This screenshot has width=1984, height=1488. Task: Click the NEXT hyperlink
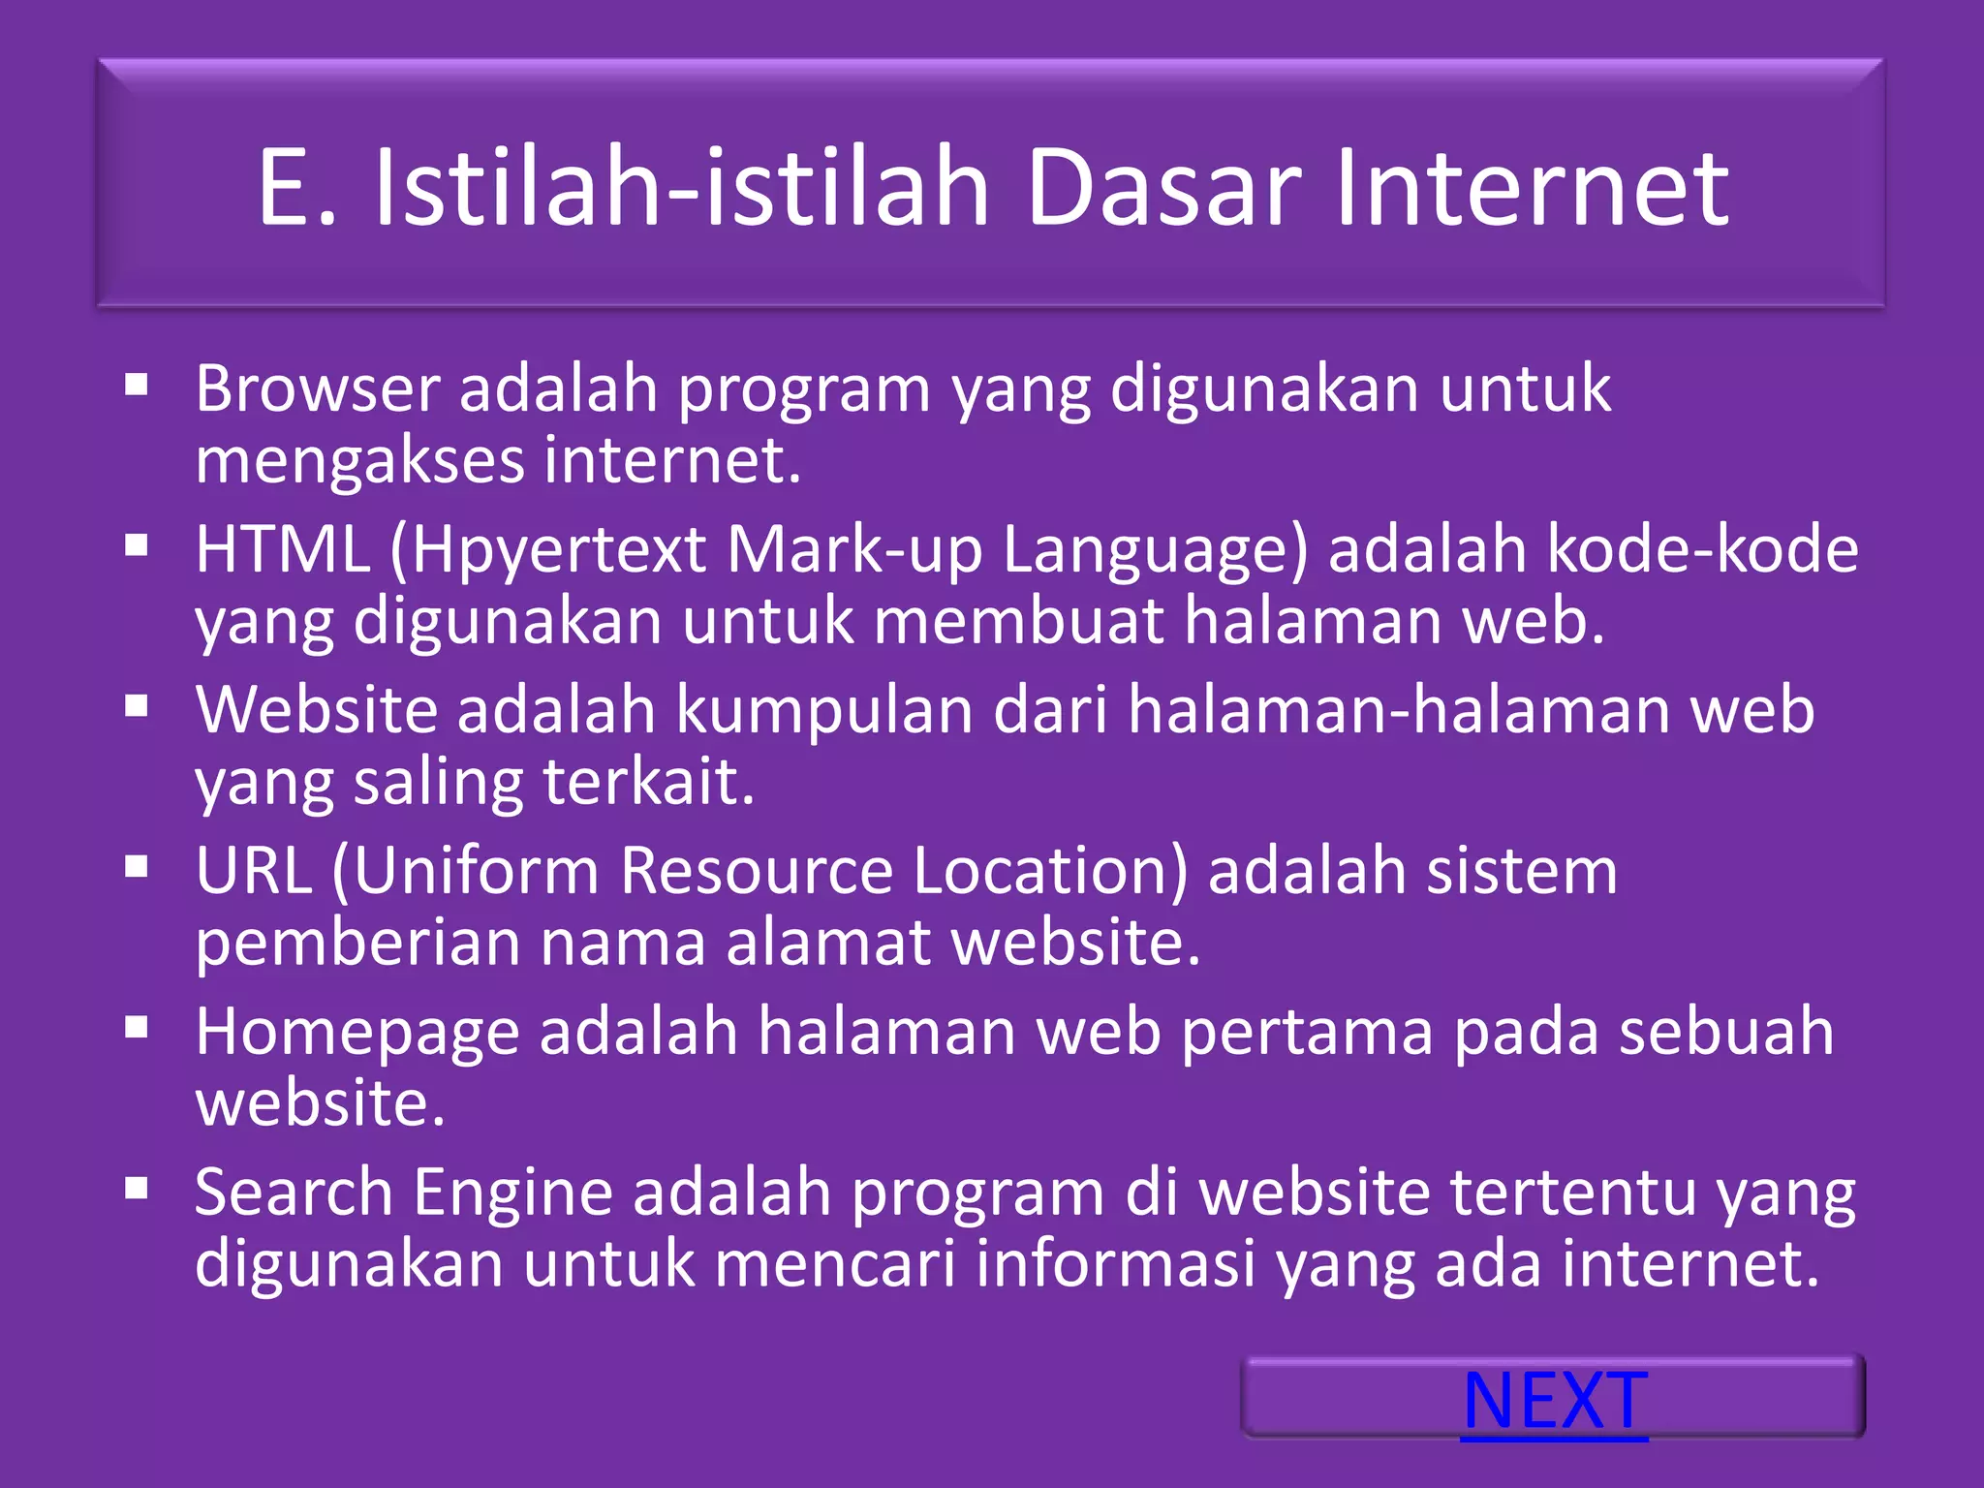tap(1554, 1401)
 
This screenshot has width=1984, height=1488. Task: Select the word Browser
tap(318, 387)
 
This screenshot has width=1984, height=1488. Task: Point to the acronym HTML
tap(282, 549)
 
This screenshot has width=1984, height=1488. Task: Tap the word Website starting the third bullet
tap(316, 710)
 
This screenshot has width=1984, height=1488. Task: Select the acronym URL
tap(254, 870)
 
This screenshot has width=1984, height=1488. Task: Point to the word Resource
tap(756, 870)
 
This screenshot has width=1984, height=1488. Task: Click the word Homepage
tap(356, 1033)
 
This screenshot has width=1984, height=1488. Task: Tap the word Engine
tap(513, 1193)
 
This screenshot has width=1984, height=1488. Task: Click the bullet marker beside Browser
tap(137, 387)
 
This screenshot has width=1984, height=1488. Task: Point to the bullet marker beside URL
tap(137, 867)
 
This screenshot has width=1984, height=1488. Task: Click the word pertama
tap(1307, 1033)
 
